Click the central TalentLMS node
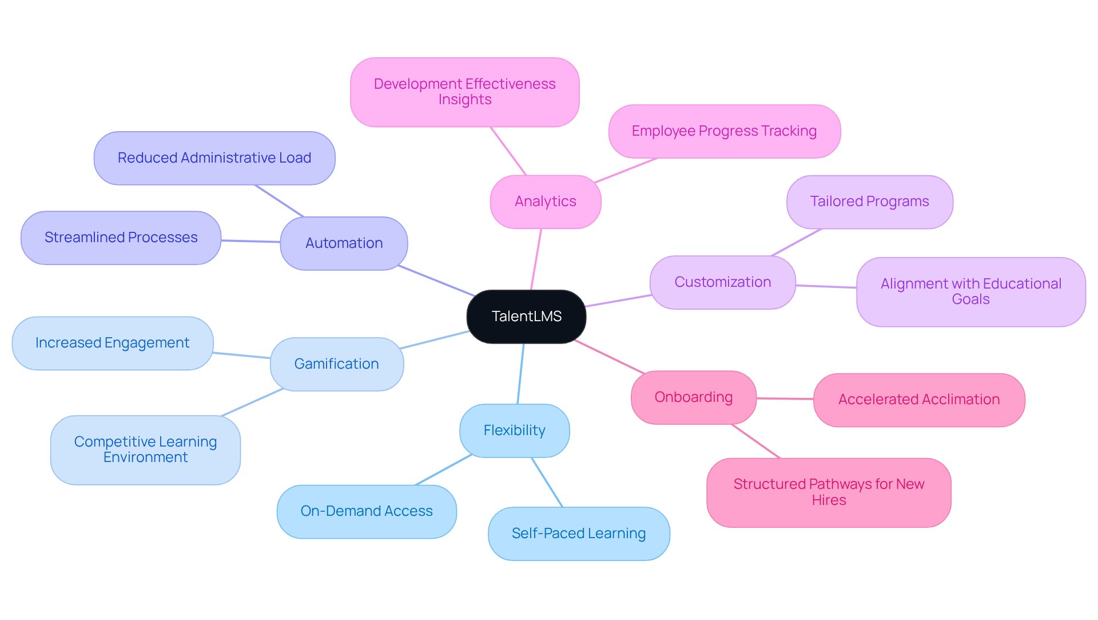[x=526, y=317]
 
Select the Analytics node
[x=545, y=202]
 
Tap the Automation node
[x=344, y=243]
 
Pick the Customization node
[x=722, y=282]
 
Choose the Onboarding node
[x=693, y=397]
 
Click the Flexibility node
[x=514, y=431]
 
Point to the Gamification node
[x=336, y=364]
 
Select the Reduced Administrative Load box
[x=214, y=158]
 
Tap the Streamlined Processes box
[x=121, y=238]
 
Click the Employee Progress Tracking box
[x=724, y=131]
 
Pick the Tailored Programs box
[x=869, y=202]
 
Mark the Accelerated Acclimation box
[x=918, y=400]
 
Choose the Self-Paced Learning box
[x=578, y=534]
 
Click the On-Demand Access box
[x=367, y=511]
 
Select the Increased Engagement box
[x=112, y=343]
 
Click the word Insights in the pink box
[x=465, y=100]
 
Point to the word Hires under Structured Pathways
[x=829, y=500]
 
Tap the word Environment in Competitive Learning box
[x=145, y=457]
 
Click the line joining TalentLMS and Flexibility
[x=520, y=374]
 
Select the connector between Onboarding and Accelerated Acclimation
[x=785, y=398]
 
